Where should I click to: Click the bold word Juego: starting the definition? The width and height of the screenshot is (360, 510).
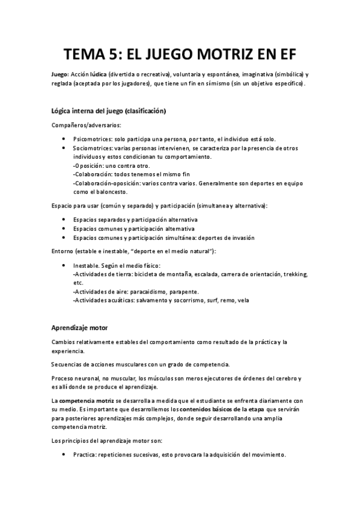pos(60,74)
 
